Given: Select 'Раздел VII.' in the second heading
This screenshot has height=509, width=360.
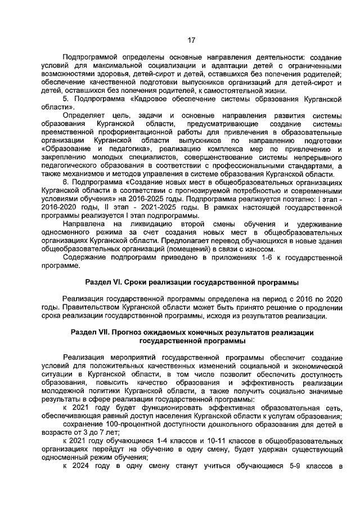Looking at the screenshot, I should tap(89, 332).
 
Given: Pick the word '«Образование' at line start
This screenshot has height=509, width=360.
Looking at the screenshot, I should tap(62, 150).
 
